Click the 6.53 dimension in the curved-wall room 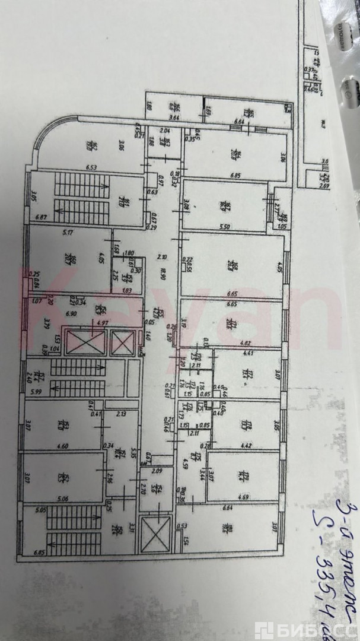[x=91, y=168]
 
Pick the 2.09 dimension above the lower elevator [x=156, y=471]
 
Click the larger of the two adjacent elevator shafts [x=85, y=344]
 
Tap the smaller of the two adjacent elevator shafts [x=123, y=343]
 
